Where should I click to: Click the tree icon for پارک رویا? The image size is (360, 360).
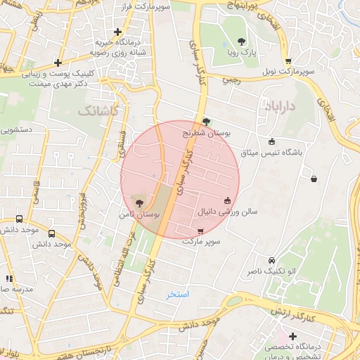point(242,41)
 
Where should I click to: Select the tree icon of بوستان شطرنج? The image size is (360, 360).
point(205,121)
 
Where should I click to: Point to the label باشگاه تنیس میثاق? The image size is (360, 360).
point(271,151)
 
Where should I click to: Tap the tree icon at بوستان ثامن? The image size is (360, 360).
point(137,202)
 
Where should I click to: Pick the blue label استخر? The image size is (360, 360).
point(178,294)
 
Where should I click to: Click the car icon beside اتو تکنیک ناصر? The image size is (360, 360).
point(271,260)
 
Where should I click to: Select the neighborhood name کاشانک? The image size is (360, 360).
point(98,111)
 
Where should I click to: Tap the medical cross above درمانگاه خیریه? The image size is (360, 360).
point(117,32)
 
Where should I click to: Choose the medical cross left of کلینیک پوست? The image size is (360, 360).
point(58,63)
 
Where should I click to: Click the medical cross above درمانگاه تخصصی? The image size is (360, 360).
point(292,336)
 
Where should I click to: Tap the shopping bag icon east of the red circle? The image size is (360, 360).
point(313,179)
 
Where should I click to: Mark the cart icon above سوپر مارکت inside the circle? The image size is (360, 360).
point(200,231)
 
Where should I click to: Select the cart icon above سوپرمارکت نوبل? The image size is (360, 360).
point(288,61)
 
